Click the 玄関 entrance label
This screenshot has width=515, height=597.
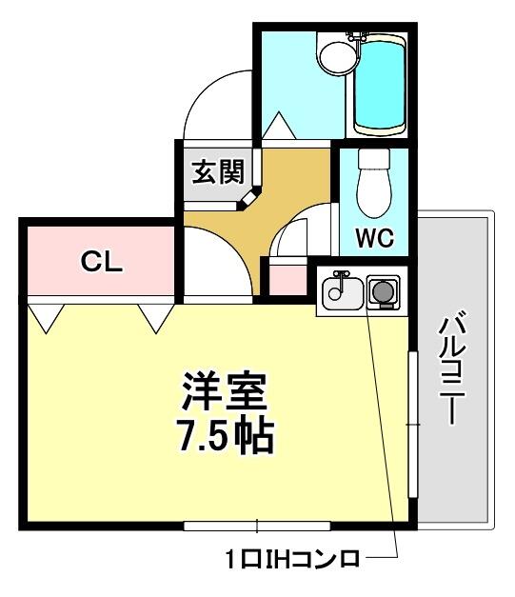click(x=218, y=172)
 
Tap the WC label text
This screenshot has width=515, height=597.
click(x=374, y=238)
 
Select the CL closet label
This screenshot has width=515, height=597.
click(x=102, y=262)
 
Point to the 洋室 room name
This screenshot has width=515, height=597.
click(x=225, y=390)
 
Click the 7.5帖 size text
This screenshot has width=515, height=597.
click(x=227, y=435)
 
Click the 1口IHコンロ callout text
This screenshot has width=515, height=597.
click(x=292, y=559)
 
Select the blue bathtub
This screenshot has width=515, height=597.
click(x=380, y=86)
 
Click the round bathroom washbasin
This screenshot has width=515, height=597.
click(x=338, y=57)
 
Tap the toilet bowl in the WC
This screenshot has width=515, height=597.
click(x=374, y=194)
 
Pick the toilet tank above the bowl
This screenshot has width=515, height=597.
click(x=374, y=160)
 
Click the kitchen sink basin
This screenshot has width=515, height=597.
click(x=342, y=293)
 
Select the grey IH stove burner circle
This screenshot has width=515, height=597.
click(x=383, y=291)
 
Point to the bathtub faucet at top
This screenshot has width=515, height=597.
click(x=357, y=37)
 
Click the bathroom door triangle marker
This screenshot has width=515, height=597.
click(x=279, y=125)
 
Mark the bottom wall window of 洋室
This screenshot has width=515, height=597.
click(x=257, y=527)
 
